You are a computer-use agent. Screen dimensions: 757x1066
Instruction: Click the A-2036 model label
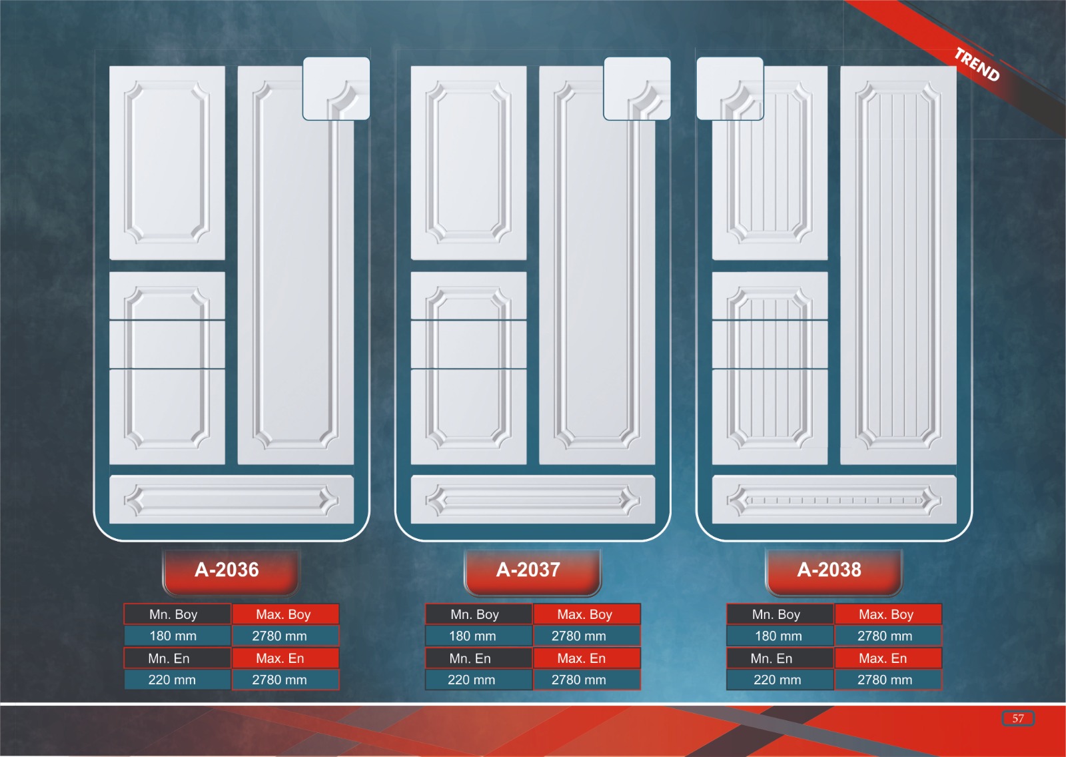(227, 570)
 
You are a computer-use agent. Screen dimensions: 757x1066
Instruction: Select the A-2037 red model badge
(529, 570)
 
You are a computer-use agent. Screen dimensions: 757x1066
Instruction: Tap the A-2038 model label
(830, 570)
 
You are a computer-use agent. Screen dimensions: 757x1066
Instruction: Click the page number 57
(1017, 718)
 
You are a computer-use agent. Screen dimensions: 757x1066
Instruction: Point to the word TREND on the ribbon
(977, 65)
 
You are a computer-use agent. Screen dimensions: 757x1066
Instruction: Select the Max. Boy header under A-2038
(887, 614)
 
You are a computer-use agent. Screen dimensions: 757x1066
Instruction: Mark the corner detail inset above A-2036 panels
(336, 89)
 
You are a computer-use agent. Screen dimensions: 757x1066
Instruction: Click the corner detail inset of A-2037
(637, 89)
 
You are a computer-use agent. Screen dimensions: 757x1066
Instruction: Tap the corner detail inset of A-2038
(730, 89)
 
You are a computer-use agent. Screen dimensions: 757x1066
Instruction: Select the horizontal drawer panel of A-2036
(231, 500)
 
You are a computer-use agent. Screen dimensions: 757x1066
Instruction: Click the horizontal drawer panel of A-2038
(833, 500)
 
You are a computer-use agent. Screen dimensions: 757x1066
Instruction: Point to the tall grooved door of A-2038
(897, 267)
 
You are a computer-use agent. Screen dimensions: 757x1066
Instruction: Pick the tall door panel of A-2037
(596, 280)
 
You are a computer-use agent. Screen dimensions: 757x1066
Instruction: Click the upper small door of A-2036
(167, 163)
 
